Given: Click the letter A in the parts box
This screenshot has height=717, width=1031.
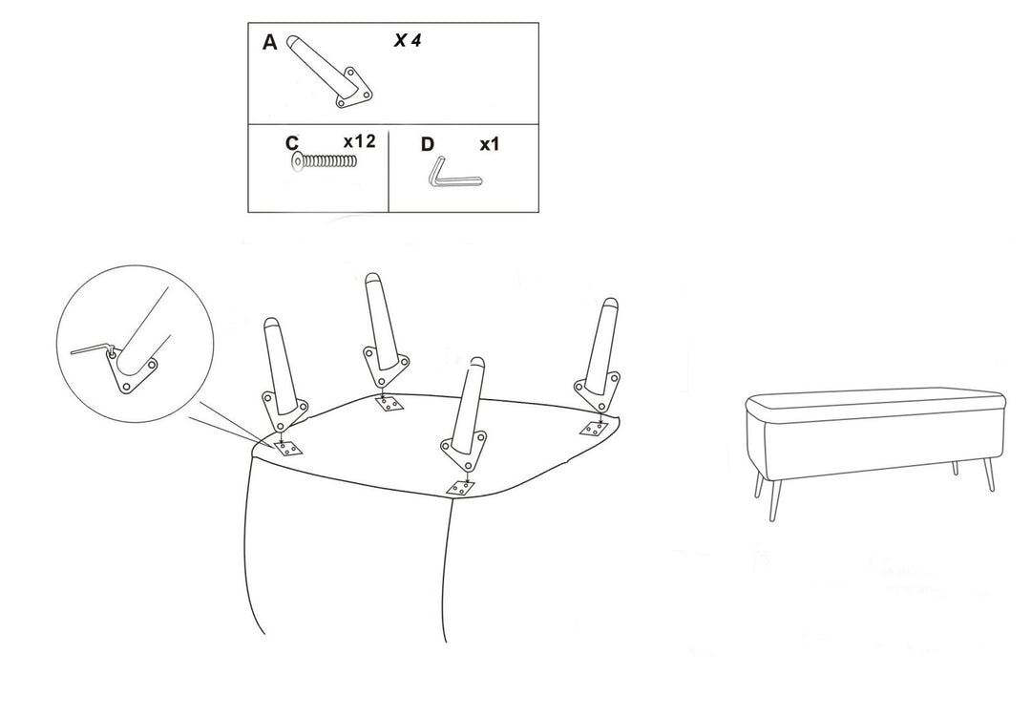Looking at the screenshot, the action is point(269,43).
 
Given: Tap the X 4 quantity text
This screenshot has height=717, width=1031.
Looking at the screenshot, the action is point(408,41).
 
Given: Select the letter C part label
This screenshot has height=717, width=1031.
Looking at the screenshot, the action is point(292,143).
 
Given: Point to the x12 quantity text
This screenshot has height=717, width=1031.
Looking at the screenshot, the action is point(360,141).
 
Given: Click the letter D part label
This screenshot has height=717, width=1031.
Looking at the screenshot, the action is point(428,144).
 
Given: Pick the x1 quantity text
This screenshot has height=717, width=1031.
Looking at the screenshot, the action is point(489,144).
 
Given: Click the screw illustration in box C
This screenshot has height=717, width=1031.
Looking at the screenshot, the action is point(325,161).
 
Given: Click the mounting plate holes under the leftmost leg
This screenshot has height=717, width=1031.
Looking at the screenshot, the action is point(288,449).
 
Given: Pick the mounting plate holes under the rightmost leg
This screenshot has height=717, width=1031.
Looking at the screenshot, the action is point(597,429).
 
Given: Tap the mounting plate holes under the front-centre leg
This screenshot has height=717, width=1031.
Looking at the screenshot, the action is point(461,488).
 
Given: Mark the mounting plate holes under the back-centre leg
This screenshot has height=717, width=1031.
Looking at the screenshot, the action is point(389,404).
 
